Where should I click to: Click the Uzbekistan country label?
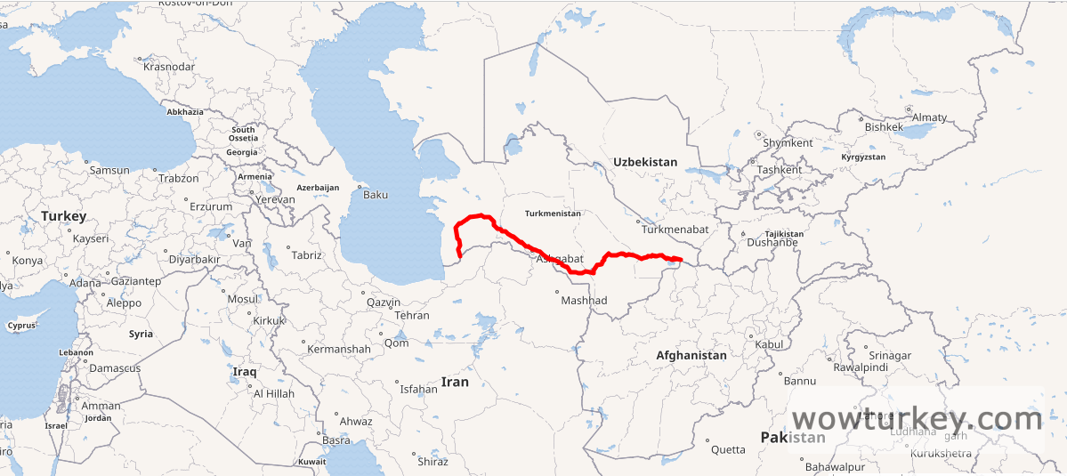point(644,162)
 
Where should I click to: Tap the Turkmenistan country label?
point(553,214)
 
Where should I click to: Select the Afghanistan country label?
point(691,355)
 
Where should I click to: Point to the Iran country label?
point(455,382)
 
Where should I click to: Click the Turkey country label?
point(63,216)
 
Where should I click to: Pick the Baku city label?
point(376,194)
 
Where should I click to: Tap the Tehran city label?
point(411,315)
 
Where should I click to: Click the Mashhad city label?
point(584,301)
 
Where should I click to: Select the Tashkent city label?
point(779,169)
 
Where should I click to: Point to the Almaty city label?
point(929,117)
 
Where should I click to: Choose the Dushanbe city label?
point(771,242)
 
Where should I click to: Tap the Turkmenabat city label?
point(675,230)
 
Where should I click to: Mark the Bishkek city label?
point(884,127)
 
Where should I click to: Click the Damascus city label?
point(115,367)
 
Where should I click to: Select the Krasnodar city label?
point(168,67)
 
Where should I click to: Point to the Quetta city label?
point(728,449)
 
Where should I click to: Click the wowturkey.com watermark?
point(916,418)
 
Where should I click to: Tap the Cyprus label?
point(21,326)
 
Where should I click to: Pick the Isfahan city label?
point(418,389)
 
